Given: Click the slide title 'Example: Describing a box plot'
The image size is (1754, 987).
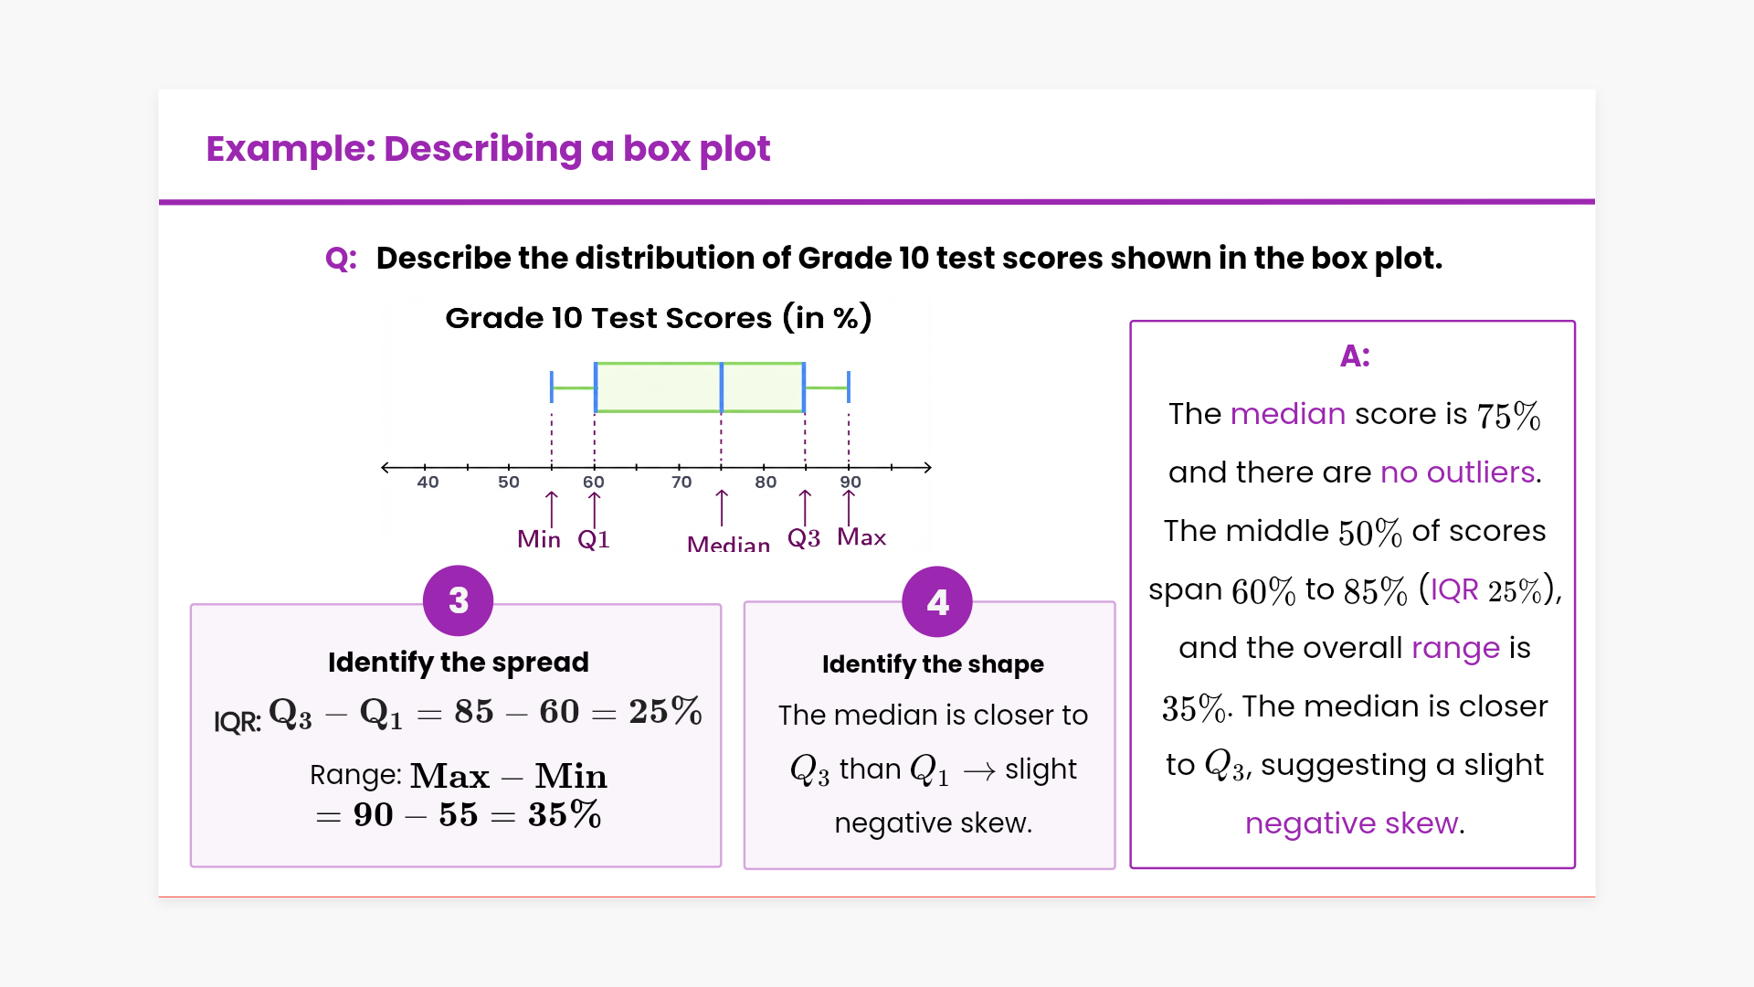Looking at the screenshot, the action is click(x=488, y=149).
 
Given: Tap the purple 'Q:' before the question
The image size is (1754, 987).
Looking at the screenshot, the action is click(x=341, y=259).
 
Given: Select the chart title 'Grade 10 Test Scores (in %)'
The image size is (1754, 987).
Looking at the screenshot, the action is click(x=658, y=318).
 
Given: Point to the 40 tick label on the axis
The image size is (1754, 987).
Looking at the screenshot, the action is click(x=428, y=482).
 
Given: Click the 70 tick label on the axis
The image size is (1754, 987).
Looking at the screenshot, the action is click(x=682, y=482).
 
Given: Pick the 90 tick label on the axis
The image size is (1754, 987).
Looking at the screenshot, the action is click(x=851, y=482).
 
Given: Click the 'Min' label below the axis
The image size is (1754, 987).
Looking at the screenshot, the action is click(x=539, y=539).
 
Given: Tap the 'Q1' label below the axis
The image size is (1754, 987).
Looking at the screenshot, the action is click(x=594, y=539).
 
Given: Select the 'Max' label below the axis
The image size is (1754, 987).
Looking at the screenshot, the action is click(x=861, y=537).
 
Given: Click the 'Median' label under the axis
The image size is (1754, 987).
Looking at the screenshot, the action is click(x=728, y=545).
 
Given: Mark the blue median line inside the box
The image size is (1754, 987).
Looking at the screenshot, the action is click(x=722, y=387).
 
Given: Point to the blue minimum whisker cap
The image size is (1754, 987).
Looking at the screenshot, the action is click(x=552, y=387).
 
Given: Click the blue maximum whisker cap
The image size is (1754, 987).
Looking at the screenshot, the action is click(x=849, y=387).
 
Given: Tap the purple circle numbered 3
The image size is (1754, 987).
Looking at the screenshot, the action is click(x=459, y=600).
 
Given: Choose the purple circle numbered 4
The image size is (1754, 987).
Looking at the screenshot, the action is click(x=937, y=601).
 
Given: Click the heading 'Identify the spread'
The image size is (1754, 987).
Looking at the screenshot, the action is click(x=459, y=662).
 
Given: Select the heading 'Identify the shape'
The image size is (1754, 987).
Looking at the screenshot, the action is click(x=933, y=664).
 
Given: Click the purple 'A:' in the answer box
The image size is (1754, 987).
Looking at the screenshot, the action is click(x=1355, y=356).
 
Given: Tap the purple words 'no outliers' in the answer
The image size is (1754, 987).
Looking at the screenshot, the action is click(x=1458, y=472).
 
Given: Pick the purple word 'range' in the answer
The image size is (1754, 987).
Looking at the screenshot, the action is click(x=1456, y=649).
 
